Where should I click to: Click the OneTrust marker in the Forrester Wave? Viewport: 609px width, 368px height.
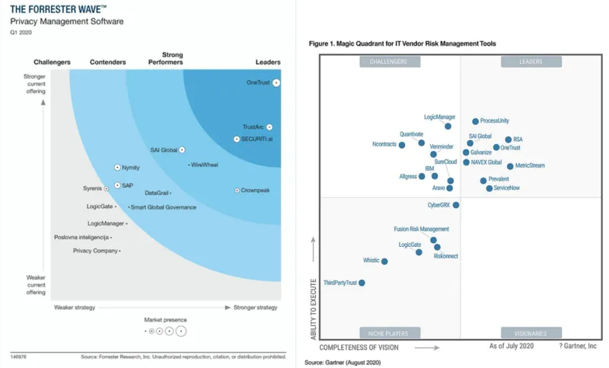(x=276, y=82)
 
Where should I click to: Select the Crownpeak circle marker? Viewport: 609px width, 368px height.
(x=238, y=190)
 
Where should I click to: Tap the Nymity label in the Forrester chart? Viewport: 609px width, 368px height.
(x=130, y=168)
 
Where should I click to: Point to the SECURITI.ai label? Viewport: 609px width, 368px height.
(x=257, y=139)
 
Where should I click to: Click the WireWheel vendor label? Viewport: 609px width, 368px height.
(x=206, y=165)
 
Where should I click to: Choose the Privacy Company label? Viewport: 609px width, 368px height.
(x=95, y=251)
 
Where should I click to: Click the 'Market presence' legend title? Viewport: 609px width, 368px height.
(x=165, y=319)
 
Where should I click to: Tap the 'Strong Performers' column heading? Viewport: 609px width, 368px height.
(x=172, y=58)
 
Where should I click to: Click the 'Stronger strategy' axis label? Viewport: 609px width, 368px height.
(x=256, y=307)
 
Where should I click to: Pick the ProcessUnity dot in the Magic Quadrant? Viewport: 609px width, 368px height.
(x=475, y=121)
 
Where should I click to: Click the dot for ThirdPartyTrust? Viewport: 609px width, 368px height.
(x=362, y=283)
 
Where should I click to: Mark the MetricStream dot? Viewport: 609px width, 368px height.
(x=510, y=165)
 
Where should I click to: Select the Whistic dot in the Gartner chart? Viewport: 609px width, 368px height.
(x=384, y=261)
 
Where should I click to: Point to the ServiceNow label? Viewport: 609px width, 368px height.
(x=507, y=187)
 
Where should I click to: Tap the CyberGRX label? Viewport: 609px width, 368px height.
(x=439, y=205)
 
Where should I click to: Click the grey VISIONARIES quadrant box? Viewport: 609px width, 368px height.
(x=531, y=333)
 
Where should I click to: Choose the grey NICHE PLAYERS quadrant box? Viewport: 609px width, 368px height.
(x=387, y=333)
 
